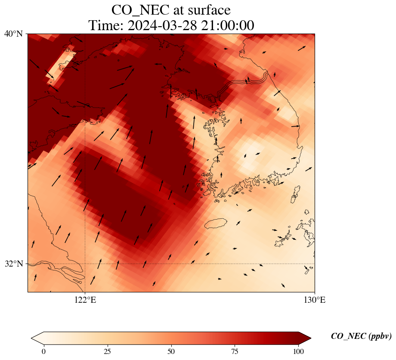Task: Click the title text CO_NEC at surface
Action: tap(171, 9)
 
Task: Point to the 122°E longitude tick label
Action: tap(85, 300)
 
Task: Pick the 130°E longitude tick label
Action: tap(315, 300)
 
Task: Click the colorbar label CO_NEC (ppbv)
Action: tap(361, 337)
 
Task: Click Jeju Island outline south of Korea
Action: tap(215, 223)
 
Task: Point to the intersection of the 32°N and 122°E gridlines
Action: tap(85, 264)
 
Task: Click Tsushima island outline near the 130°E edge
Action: tap(295, 194)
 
